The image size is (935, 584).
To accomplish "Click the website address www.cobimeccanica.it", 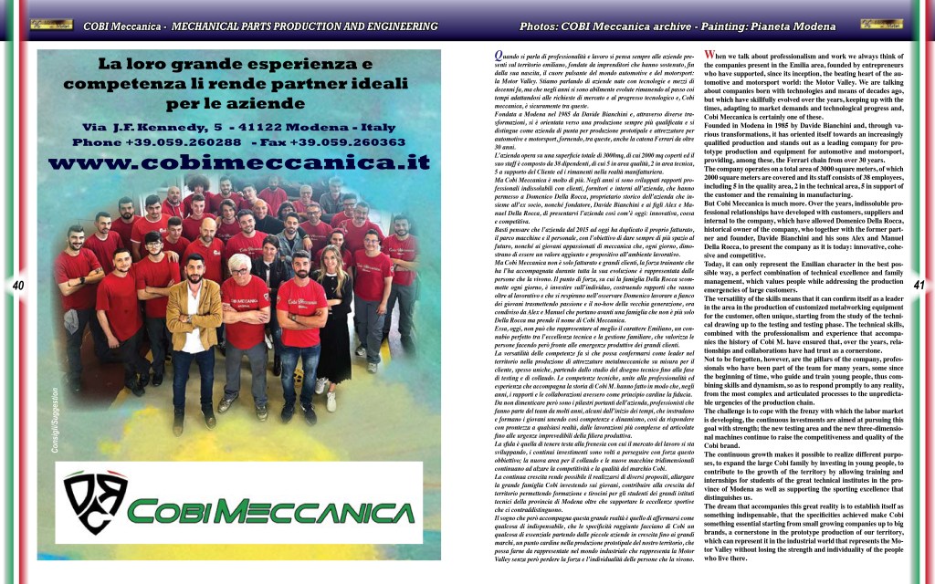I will coord(239,163).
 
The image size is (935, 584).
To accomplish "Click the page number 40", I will coord(17,287).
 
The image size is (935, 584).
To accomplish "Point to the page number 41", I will coord(919,287).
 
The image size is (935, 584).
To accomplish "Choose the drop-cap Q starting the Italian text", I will coord(486,56).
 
